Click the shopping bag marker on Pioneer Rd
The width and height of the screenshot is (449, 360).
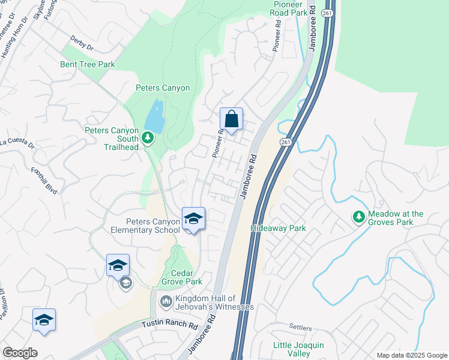pos(231,119)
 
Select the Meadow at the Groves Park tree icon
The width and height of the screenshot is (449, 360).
pos(359,215)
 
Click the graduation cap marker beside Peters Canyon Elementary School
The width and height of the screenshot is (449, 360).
pos(193,219)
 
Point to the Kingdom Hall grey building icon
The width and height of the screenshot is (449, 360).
pos(166,302)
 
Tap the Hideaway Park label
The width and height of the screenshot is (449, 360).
pos(278,228)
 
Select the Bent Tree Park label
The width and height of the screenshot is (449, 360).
pos(87,64)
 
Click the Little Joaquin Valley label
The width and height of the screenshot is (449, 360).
pos(298,349)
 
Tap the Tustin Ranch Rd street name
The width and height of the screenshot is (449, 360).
pos(170,325)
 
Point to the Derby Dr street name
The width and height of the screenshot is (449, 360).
pos(82,45)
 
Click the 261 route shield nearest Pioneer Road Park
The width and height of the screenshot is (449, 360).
pos(327,12)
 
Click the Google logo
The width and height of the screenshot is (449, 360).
pos(20,353)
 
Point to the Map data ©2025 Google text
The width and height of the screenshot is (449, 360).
pos(411,355)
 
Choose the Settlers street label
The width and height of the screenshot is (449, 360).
pos(300,328)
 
